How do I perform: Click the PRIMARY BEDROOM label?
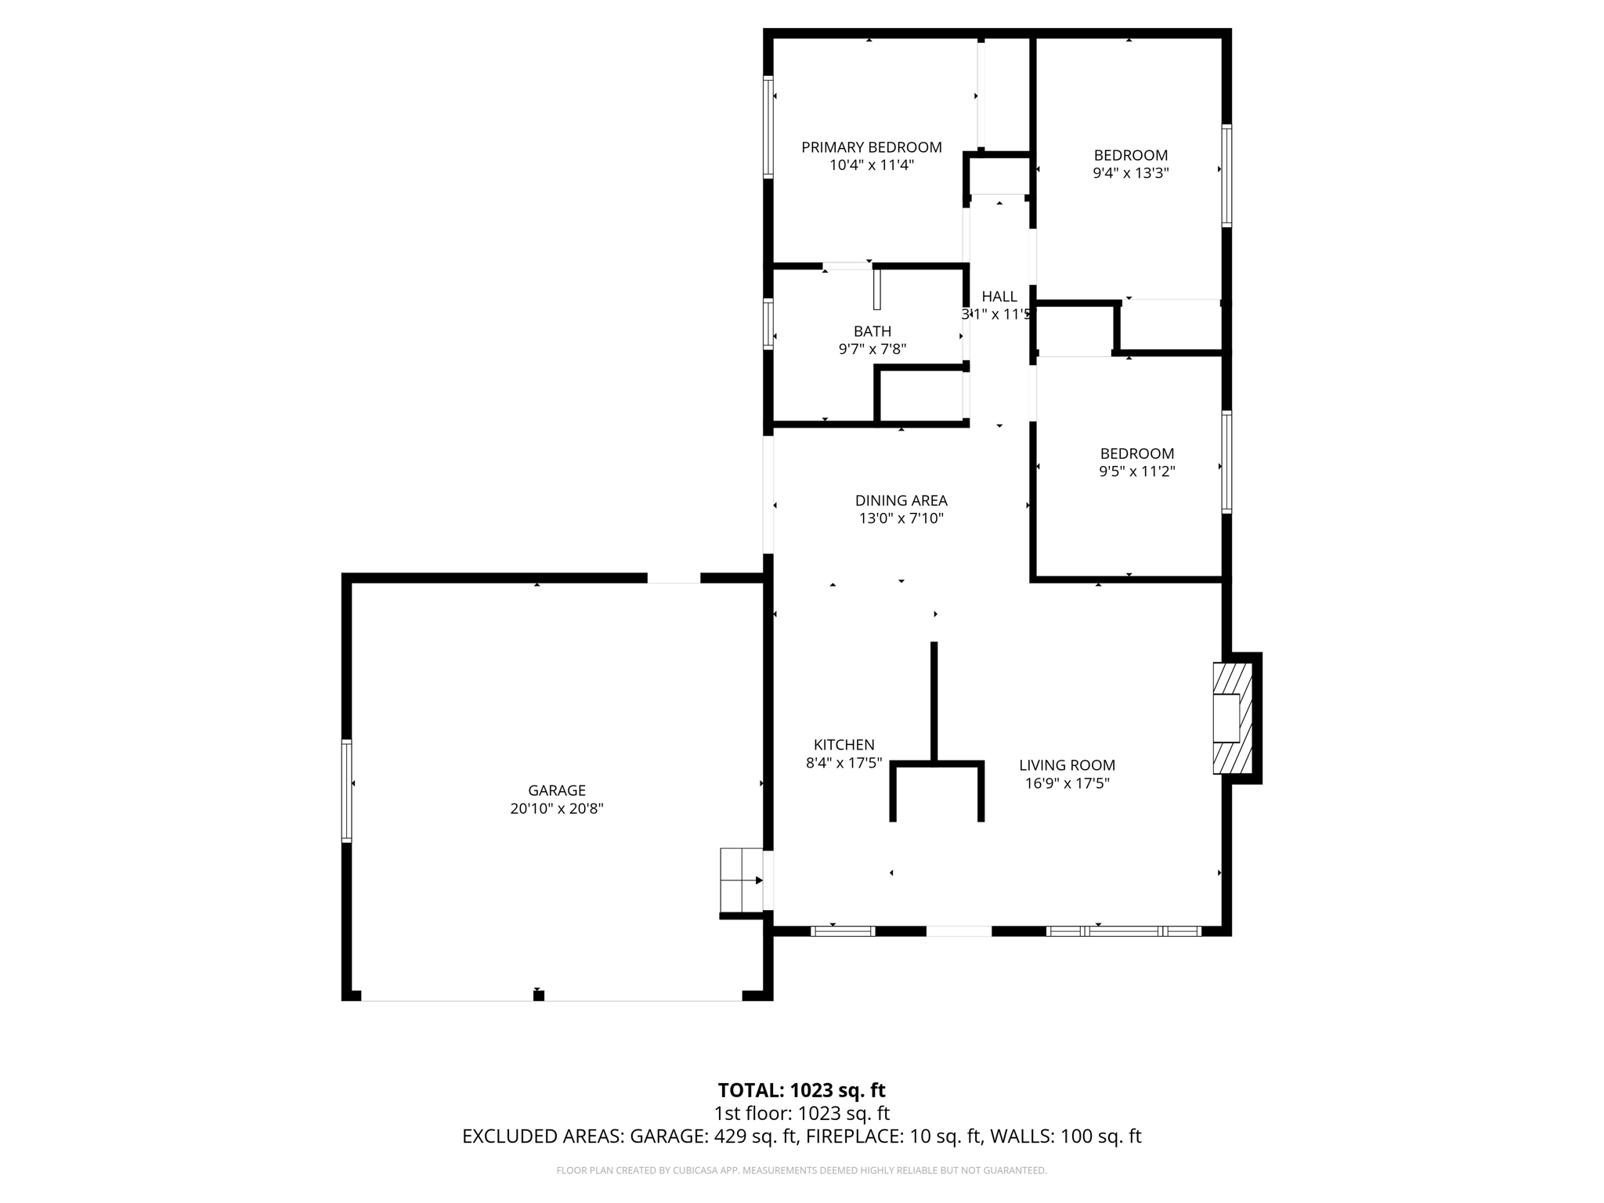pos(871,147)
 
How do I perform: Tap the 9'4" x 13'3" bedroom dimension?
pos(1130,173)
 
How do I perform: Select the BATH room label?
pos(872,331)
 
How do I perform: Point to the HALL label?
pos(999,296)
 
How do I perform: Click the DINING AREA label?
pos(901,500)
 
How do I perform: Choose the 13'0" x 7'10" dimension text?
pos(901,518)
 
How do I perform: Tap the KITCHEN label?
pos(844,745)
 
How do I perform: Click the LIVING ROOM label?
pos(1067,765)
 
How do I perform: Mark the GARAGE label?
pos(556,790)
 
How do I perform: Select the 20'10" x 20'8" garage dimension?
pos(556,808)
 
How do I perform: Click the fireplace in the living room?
pos(1233,718)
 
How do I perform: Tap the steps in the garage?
pos(741,880)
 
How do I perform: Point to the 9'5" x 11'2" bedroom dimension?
pos(1136,471)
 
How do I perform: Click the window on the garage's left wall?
pos(346,790)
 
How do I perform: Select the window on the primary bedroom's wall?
pos(768,127)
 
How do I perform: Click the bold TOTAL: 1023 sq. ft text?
pos(801,1090)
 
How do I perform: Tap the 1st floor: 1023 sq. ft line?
pos(801,1113)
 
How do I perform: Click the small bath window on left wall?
pos(768,323)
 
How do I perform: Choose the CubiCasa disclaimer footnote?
pos(801,1170)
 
